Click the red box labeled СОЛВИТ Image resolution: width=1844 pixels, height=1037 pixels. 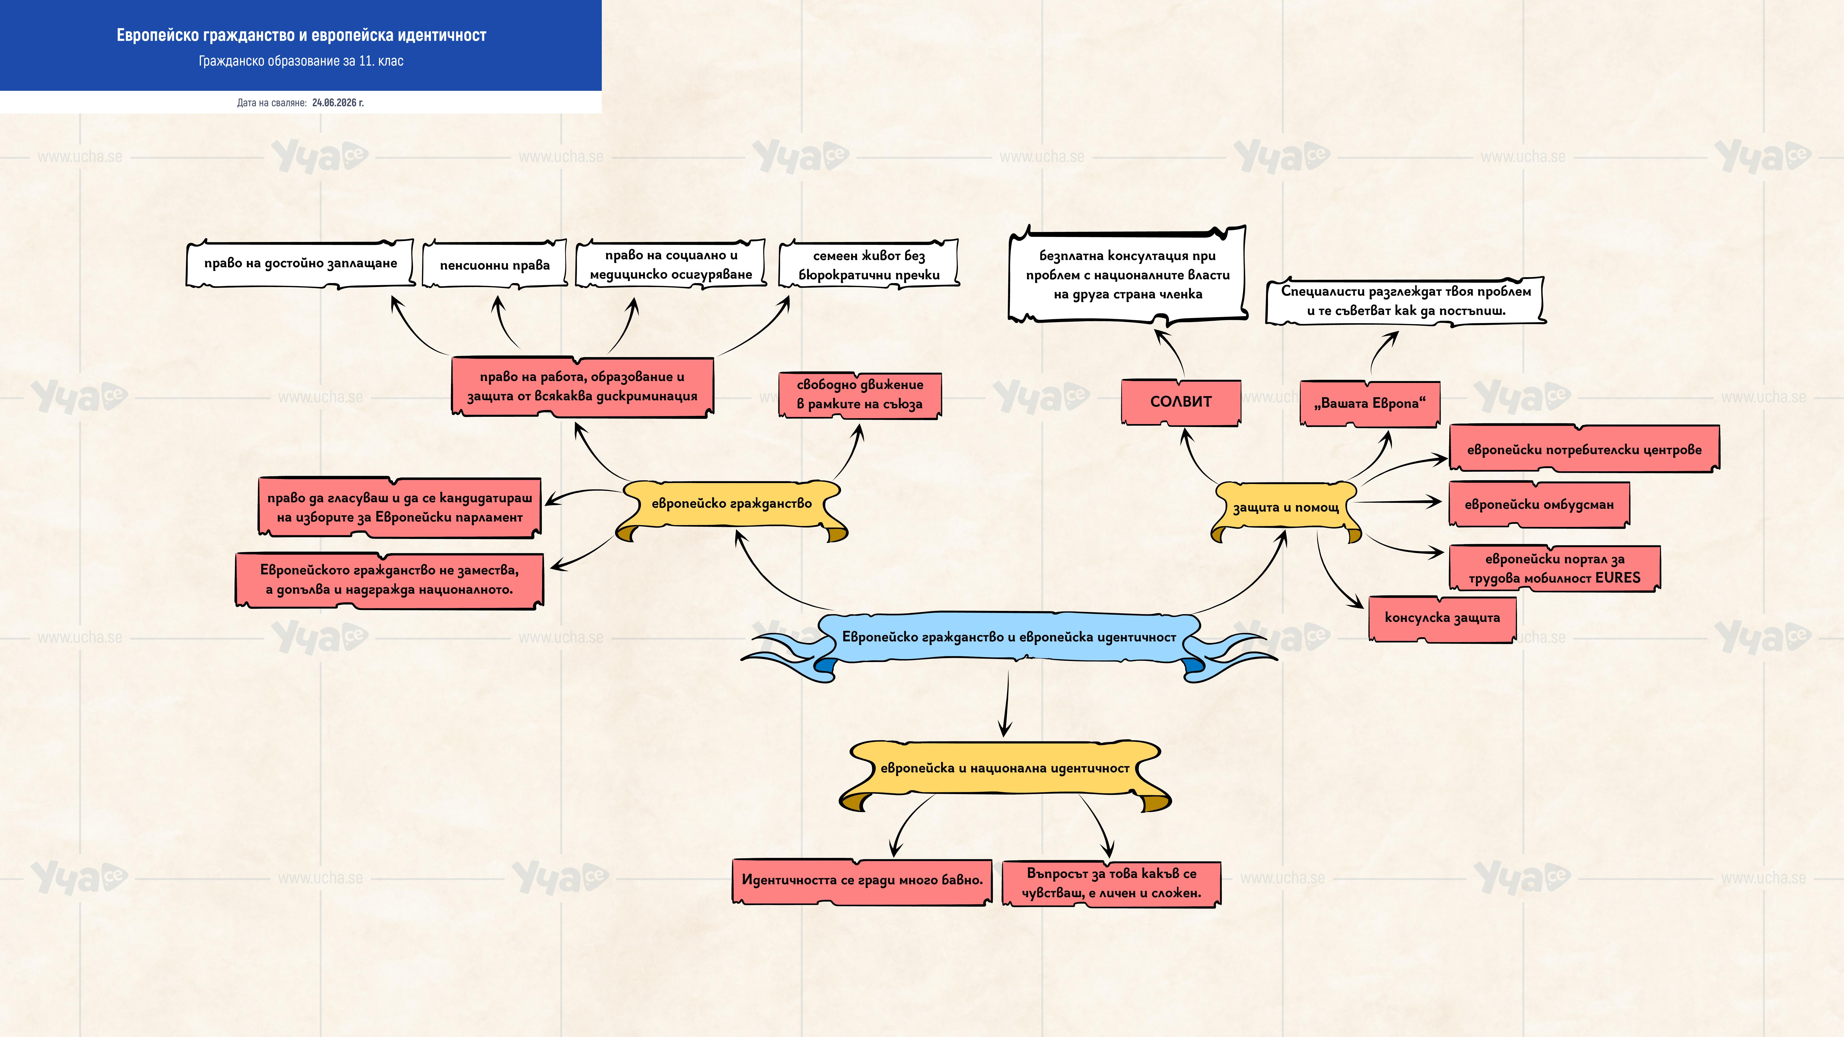[1180, 402]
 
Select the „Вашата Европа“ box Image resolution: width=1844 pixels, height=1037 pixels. [1369, 404]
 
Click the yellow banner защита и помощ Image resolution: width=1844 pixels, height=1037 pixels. [1286, 511]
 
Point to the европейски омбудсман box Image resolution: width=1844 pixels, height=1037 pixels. [1539, 505]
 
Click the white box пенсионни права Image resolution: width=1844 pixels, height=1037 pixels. [495, 265]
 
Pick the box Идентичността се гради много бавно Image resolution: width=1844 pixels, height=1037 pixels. [862, 881]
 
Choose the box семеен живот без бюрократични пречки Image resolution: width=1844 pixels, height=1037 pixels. [869, 265]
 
